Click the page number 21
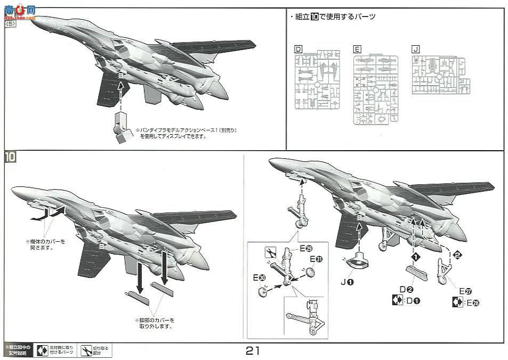click(x=253, y=351)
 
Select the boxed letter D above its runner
click(x=299, y=50)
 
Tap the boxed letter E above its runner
click(x=358, y=49)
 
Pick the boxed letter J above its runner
click(x=416, y=49)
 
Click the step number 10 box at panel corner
click(x=11, y=158)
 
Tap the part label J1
click(x=348, y=282)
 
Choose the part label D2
click(x=407, y=290)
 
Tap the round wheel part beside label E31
click(x=311, y=272)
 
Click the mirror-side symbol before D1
click(x=397, y=300)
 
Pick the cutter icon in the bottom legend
click(x=86, y=350)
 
